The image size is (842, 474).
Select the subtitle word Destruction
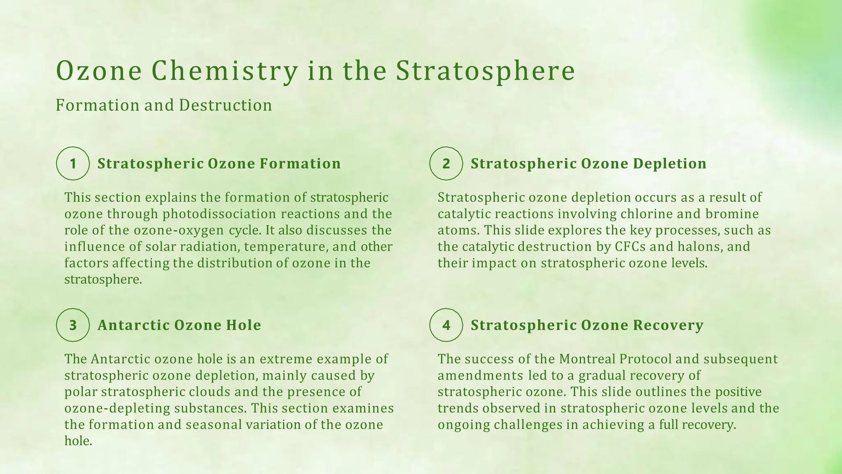point(225,105)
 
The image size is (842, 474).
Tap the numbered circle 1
point(73,164)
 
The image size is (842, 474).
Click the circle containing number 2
point(446,164)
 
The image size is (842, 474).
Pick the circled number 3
point(73,325)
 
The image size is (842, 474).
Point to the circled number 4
point(446,325)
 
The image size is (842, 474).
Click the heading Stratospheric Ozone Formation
point(219,164)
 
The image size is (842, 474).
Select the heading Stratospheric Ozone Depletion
point(588,164)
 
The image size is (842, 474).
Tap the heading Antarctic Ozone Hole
point(179,325)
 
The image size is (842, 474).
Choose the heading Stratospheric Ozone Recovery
point(587,325)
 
